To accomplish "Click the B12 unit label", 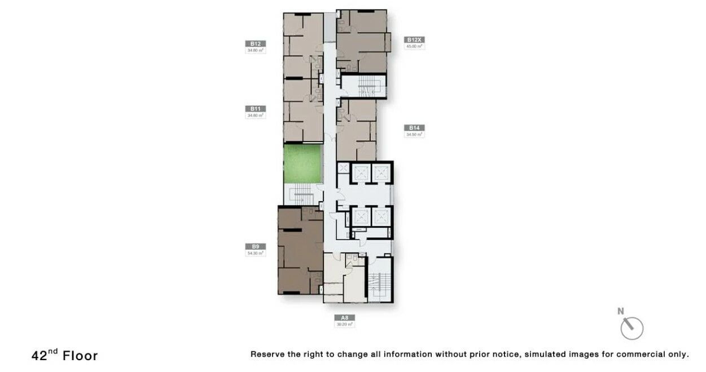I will pos(256,43).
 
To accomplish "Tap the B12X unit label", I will pos(415,40).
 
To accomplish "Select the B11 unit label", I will pos(256,108).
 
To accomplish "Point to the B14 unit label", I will pos(415,128).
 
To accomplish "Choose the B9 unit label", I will pos(256,246).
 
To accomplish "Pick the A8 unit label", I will pos(344,317).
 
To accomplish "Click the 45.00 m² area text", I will pos(415,47).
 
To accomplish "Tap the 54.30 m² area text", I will pos(256,253).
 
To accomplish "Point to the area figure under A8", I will pos(344,324).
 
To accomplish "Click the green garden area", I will pos(301,163).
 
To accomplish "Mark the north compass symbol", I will pos(632,328).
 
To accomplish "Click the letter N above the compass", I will pos(621,311).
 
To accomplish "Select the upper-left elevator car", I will pos(361,172).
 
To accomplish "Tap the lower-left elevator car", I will pos(361,216).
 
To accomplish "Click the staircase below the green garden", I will pos(302,196).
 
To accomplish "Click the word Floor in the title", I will pos(80,356).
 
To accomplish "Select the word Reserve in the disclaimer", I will pos(268,355).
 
